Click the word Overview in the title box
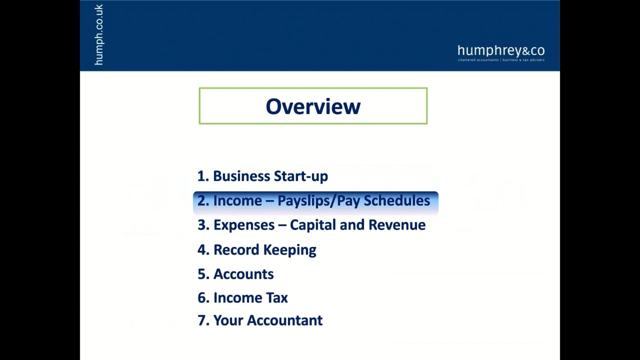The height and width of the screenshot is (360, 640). pyautogui.click(x=313, y=107)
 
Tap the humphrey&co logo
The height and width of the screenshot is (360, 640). pyautogui.click(x=501, y=51)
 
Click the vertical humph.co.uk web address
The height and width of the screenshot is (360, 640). pyautogui.click(x=99, y=35)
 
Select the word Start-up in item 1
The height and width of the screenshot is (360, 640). pyautogui.click(x=301, y=176)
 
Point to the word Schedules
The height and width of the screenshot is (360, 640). pyautogui.click(x=397, y=201)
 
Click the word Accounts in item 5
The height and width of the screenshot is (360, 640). pyautogui.click(x=243, y=274)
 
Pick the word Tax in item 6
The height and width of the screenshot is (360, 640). pyautogui.click(x=277, y=298)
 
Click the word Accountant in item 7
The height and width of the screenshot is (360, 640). pyautogui.click(x=285, y=320)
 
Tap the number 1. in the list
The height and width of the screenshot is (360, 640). pyautogui.click(x=203, y=176)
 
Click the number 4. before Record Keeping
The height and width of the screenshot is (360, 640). pyautogui.click(x=203, y=250)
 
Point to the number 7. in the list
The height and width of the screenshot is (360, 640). pyautogui.click(x=203, y=320)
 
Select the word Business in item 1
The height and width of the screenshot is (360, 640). pyautogui.click(x=242, y=176)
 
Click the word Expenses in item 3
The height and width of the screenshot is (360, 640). pyautogui.click(x=244, y=225)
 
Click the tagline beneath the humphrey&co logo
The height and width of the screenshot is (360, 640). pyautogui.click(x=501, y=60)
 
